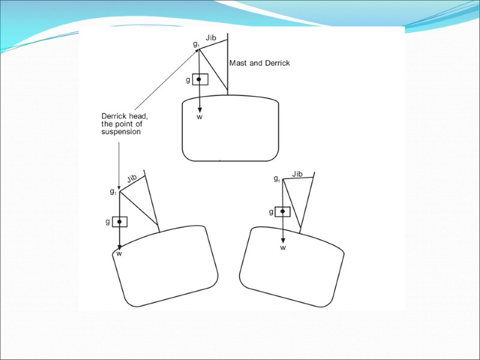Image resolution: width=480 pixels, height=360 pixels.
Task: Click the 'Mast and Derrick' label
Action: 259,63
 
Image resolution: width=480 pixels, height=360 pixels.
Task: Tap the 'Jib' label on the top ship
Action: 211,38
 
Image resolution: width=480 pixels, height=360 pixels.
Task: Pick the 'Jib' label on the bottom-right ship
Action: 297,174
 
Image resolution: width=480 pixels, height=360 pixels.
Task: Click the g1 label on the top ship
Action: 196,44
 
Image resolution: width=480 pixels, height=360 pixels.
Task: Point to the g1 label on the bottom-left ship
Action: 113,192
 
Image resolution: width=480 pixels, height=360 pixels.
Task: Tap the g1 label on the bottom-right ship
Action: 277,179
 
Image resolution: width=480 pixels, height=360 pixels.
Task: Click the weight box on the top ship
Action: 200,79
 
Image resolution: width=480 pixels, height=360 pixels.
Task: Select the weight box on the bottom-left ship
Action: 119,222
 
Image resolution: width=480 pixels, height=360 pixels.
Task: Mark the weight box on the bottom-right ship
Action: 282,211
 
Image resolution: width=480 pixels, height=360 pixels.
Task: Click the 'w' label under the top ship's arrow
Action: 200,117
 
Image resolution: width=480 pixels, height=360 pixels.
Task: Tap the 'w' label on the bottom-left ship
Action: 119,254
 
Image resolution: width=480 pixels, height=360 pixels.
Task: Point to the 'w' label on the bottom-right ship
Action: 283,248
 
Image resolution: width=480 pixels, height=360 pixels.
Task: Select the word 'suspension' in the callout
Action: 121,132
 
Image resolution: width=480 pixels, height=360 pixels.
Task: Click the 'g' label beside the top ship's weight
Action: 188,80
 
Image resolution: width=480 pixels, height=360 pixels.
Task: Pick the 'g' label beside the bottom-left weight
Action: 107,221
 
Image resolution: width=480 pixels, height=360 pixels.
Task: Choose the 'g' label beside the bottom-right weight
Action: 271,211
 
